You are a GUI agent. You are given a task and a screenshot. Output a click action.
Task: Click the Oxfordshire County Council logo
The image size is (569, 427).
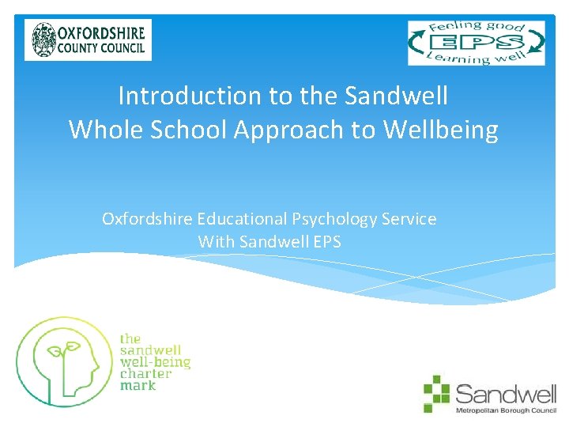pos(88,40)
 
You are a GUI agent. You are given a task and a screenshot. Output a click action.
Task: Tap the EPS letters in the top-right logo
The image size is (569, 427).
pos(476,42)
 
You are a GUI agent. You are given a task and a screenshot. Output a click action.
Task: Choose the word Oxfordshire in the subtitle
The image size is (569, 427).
pos(148,219)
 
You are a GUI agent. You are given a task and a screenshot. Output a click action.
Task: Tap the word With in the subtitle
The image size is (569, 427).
pos(216,242)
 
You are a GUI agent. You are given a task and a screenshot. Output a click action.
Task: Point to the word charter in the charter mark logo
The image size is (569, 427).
pos(145,374)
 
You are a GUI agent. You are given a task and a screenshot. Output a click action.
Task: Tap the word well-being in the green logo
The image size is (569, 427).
pos(155,362)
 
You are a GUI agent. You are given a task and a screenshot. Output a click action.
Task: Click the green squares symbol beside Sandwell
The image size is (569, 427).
pos(435,393)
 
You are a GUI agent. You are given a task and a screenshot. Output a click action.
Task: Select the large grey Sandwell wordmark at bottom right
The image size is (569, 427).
pos(505,392)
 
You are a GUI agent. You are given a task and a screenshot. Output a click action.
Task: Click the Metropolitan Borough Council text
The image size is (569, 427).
pos(506,411)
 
